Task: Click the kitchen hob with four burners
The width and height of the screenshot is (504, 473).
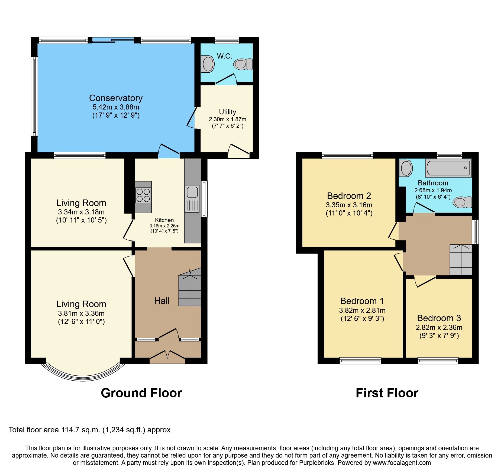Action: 143,195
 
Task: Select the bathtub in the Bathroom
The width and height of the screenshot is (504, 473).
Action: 448,168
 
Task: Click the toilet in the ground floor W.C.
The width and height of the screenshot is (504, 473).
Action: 243,64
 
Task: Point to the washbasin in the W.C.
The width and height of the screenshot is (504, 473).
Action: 208,64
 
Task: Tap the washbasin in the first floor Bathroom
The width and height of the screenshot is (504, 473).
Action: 406,168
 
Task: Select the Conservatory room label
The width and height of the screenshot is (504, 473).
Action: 116,98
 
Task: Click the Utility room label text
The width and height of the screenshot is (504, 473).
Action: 227,112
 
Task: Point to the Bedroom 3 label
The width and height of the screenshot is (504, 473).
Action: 439,318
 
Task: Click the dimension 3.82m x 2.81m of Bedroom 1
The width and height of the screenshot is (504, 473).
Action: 362,310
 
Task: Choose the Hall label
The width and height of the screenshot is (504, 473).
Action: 162,301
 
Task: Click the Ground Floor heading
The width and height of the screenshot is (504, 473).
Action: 141,393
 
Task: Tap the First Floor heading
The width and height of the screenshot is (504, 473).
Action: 387,393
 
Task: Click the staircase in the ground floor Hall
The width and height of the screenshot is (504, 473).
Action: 190,290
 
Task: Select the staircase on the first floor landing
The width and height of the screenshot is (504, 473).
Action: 461,260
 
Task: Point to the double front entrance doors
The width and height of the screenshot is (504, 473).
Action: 167,355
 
